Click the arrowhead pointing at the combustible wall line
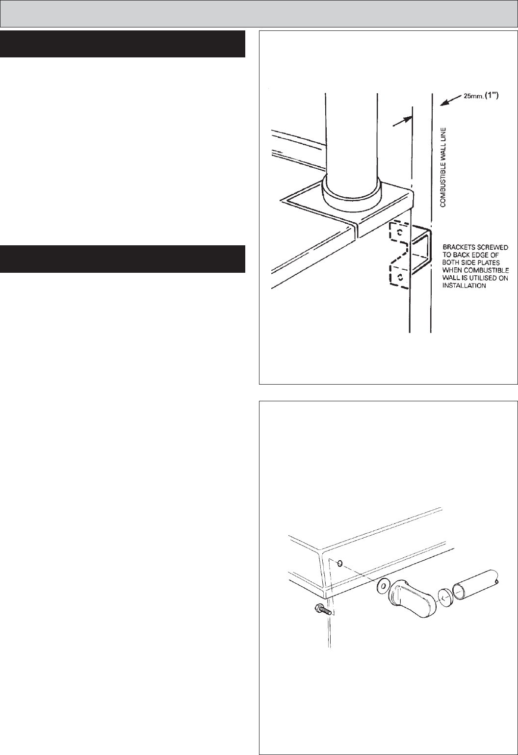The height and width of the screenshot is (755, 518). [443, 103]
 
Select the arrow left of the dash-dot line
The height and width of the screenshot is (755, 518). [403, 121]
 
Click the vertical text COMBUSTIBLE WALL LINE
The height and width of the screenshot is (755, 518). [443, 167]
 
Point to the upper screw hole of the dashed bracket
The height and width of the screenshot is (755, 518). [399, 232]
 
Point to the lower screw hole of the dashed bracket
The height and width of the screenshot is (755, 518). [399, 277]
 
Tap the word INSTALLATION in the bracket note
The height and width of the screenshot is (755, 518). [464, 286]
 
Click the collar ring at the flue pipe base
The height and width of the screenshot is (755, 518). [351, 191]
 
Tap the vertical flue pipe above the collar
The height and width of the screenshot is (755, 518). [351, 135]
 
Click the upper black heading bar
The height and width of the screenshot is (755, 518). [122, 44]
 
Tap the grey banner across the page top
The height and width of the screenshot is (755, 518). [259, 14]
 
